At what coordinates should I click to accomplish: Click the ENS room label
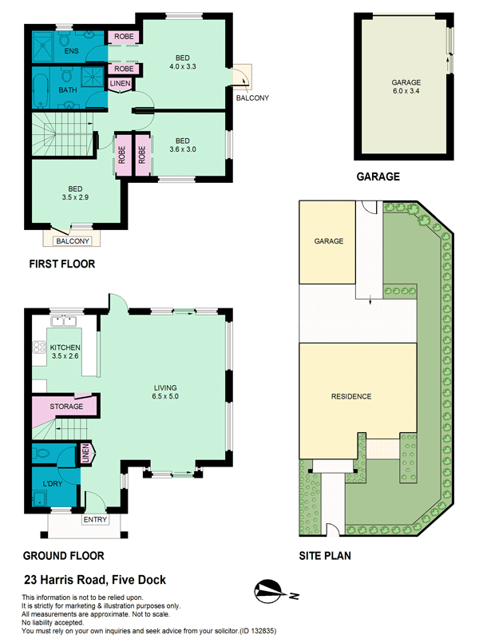coord(71,51)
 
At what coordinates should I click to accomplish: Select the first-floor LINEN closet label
coord(121,83)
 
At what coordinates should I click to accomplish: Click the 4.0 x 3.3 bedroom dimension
coord(183,66)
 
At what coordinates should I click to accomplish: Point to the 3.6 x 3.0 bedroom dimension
coord(183,149)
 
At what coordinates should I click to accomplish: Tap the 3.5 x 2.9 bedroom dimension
coord(75,197)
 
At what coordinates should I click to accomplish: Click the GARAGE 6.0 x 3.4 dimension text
coord(406,91)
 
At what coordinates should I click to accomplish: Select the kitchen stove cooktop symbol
coord(39,347)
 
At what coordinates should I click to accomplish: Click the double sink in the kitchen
coord(64,321)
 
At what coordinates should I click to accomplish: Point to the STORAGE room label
coord(66,407)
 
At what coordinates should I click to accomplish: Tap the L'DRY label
coord(53,484)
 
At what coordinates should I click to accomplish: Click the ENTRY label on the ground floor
coord(95,520)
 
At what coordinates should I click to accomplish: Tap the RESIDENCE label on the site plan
coord(351,396)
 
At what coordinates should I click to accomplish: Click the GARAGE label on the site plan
coord(329,241)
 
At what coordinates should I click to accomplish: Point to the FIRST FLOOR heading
coord(62,264)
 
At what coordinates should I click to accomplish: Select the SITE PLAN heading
coord(325,556)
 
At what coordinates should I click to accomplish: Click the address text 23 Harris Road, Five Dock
coord(95,580)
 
